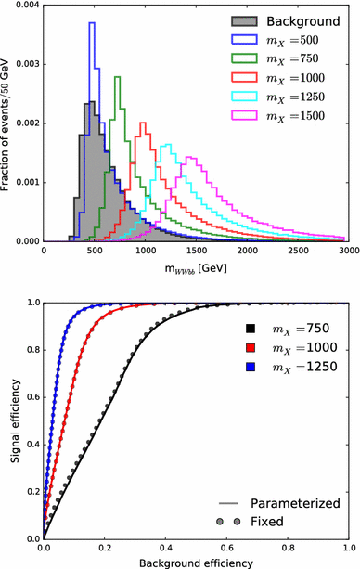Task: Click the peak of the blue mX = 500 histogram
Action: pyautogui.click(x=92, y=22)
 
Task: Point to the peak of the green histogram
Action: pyautogui.click(x=118, y=76)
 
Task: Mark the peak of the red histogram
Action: pyautogui.click(x=143, y=123)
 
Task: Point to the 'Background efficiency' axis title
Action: pyautogui.click(x=196, y=562)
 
